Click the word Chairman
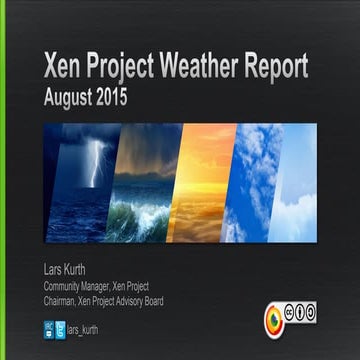[61, 301]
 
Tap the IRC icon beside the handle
[48, 327]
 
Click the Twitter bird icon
[60, 327]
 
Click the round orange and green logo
[275, 321]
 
